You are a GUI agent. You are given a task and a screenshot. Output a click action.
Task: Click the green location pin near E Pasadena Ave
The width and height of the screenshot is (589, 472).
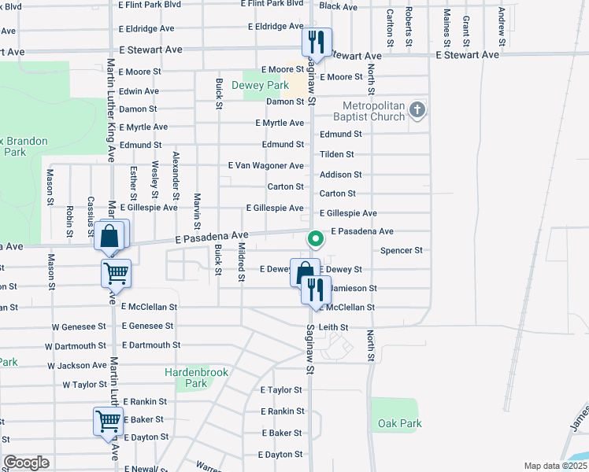316,238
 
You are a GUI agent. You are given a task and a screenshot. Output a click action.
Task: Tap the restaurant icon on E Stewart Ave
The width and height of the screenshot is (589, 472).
317,42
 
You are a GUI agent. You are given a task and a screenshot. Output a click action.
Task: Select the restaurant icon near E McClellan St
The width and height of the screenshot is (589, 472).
317,289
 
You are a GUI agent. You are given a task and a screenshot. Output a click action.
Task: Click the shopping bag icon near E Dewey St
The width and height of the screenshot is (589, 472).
305,272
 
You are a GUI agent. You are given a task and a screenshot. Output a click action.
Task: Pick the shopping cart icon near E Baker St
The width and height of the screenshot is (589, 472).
108,421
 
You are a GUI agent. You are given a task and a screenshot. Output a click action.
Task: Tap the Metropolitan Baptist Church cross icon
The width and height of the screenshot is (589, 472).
417,110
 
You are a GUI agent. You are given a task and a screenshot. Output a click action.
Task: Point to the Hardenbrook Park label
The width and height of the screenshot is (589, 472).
186,378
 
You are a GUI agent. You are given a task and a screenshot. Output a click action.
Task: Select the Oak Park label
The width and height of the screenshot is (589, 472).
399,423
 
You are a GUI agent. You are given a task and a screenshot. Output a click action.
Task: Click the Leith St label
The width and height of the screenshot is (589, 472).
333,326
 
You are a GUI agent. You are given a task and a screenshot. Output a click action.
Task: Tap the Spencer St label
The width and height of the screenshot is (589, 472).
402,250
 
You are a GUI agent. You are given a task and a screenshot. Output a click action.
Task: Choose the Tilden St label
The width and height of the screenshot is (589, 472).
336,154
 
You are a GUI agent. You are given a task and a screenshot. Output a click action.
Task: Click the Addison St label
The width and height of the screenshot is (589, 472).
340,175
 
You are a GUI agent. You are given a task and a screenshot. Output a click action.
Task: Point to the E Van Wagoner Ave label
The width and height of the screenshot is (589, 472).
265,166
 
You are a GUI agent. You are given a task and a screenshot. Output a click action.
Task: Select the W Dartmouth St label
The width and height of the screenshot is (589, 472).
76,345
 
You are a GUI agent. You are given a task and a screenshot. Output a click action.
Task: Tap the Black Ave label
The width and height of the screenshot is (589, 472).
339,6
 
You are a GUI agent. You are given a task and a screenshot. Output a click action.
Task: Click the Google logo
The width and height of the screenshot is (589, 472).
26,463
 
